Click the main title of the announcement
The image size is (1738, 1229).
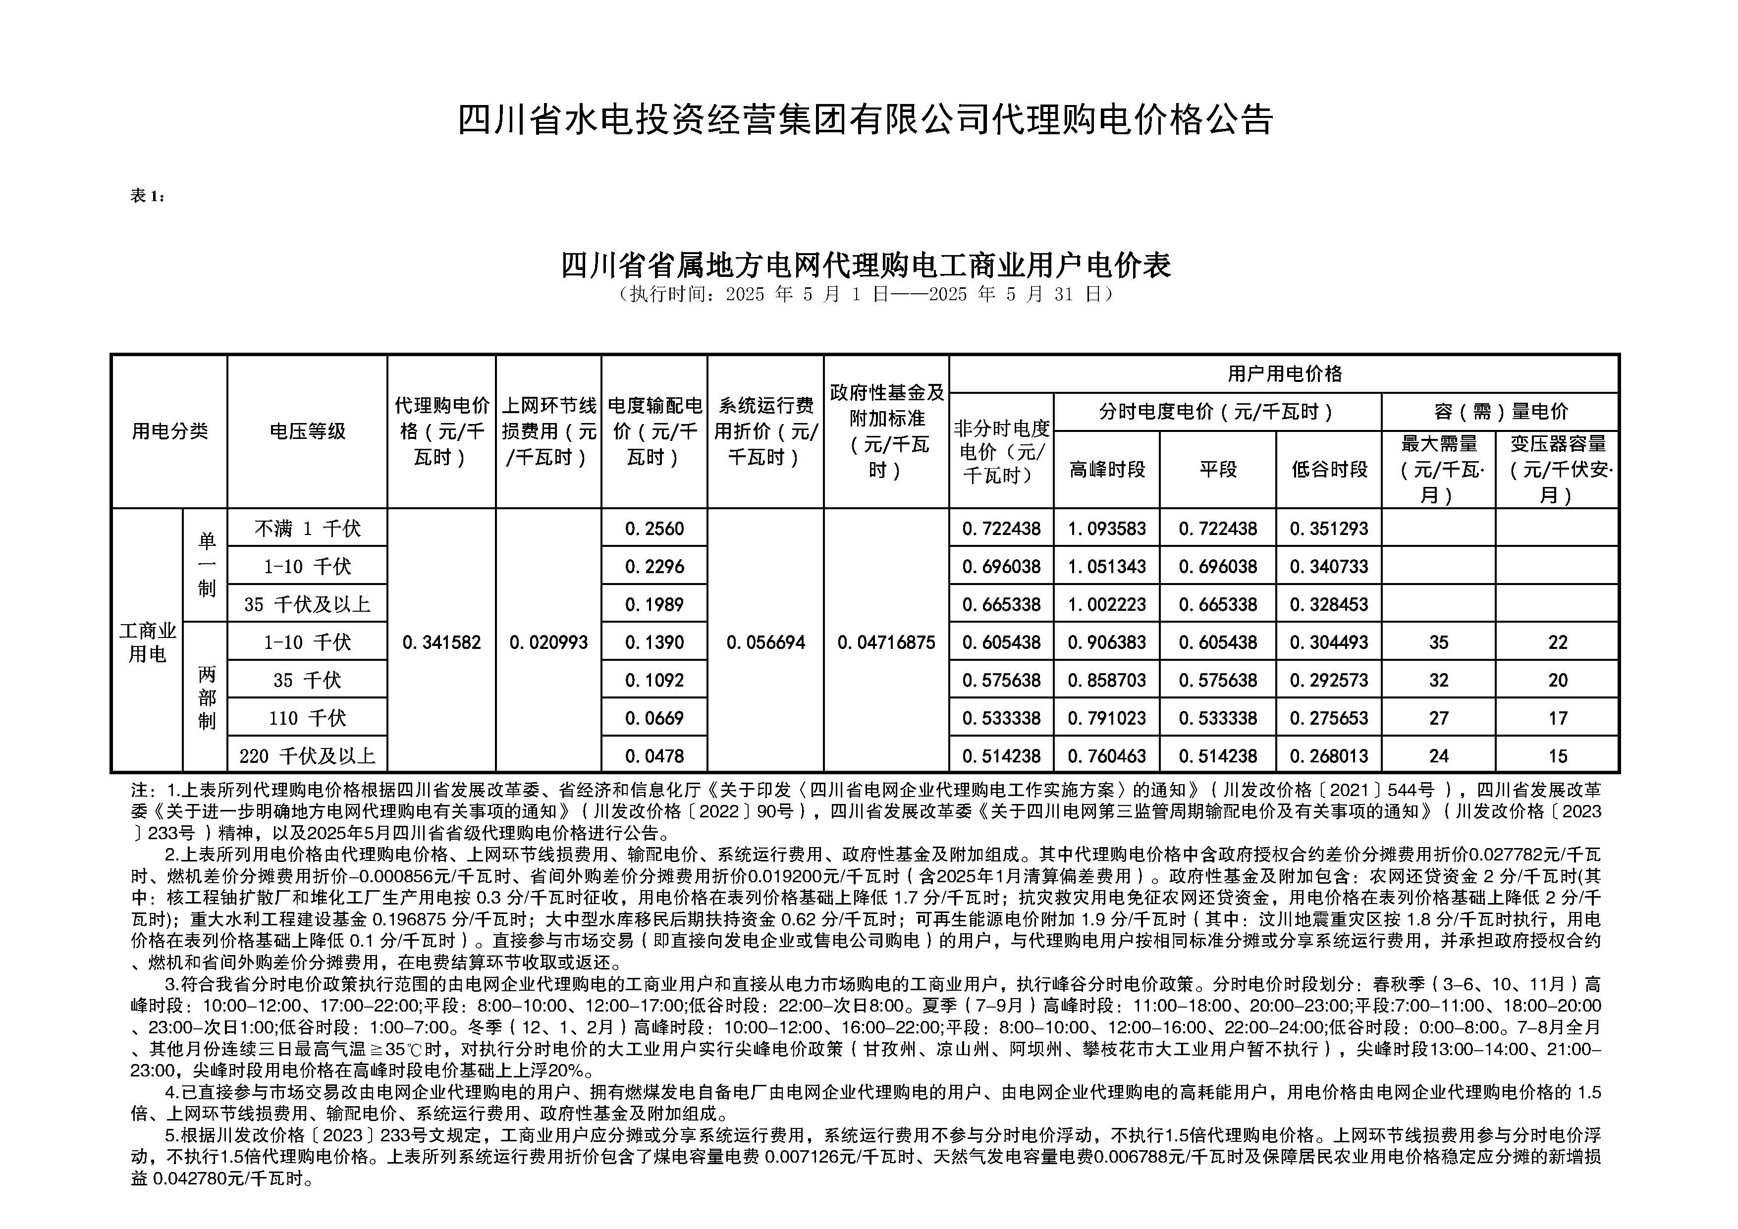pyautogui.click(x=865, y=119)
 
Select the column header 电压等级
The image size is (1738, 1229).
pyautogui.click(x=307, y=431)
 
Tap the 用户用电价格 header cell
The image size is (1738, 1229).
pyautogui.click(x=1284, y=374)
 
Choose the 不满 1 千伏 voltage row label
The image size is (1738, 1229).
pyautogui.click(x=307, y=528)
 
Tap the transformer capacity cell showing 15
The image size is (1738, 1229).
pyautogui.click(x=1557, y=755)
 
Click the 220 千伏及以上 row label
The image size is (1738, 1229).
pyautogui.click(x=307, y=755)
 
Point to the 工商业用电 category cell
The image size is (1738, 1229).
pyautogui.click(x=148, y=641)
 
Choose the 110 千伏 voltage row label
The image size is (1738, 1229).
pyautogui.click(x=307, y=717)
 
